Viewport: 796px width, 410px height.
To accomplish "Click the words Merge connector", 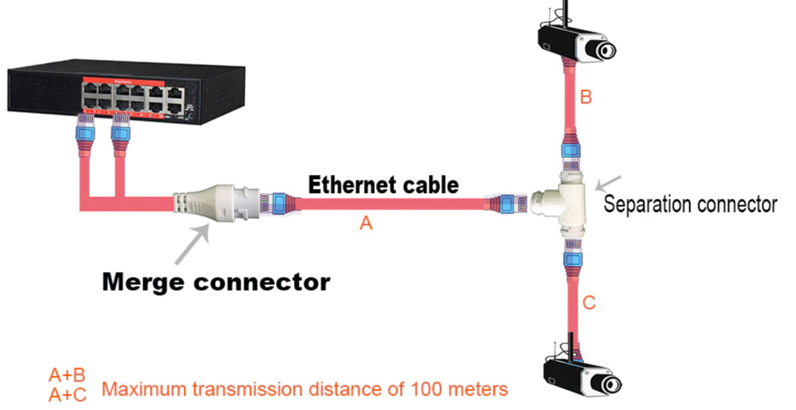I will (x=216, y=282).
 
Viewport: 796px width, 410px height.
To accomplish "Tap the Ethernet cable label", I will (x=383, y=184).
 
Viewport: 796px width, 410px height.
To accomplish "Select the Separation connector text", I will (x=690, y=204).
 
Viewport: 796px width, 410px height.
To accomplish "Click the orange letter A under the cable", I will (x=366, y=224).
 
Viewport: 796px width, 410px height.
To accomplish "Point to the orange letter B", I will (x=586, y=98).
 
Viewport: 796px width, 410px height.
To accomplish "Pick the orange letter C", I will (x=589, y=303).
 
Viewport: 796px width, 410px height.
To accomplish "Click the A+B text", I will (x=67, y=375).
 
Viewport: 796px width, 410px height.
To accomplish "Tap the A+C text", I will (x=67, y=395).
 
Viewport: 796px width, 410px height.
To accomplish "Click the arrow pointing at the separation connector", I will (x=609, y=182).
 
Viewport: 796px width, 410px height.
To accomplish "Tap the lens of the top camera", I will (x=605, y=50).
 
